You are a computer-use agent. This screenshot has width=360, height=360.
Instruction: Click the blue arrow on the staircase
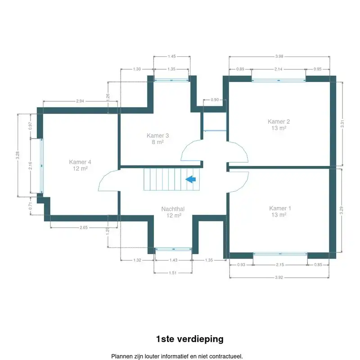[191, 180]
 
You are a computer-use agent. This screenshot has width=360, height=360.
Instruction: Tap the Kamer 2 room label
[279, 125]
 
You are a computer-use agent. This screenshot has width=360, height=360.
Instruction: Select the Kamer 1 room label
[280, 211]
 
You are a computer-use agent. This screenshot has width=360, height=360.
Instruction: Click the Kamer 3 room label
[157, 138]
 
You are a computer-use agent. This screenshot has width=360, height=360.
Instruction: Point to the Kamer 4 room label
[80, 165]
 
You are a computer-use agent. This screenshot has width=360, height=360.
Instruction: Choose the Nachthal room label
[173, 212]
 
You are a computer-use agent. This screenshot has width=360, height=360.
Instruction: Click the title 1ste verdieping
[189, 339]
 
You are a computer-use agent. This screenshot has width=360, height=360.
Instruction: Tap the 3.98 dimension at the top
[279, 56]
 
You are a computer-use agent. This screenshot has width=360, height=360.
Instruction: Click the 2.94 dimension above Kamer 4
[80, 101]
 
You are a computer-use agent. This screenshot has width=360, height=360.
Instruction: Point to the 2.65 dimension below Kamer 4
[83, 228]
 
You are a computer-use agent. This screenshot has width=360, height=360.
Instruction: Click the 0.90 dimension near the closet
[215, 99]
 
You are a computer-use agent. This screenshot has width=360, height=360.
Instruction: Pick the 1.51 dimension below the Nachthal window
[173, 272]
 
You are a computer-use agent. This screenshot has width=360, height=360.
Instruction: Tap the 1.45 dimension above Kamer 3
[171, 56]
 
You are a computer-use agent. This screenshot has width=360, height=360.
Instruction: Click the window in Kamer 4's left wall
[42, 166]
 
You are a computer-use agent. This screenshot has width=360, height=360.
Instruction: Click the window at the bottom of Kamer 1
[280, 255]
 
